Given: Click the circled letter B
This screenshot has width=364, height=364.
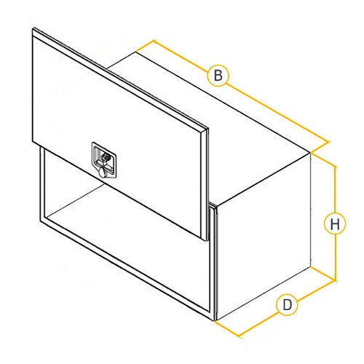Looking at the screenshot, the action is coord(218,75).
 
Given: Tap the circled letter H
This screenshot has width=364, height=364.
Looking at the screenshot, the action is coord(335,223).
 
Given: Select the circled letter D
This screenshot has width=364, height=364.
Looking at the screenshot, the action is coord(287,304).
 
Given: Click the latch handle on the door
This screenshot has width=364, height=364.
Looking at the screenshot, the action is coord(104,160).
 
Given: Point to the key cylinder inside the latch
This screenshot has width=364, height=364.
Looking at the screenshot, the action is coord(106,157).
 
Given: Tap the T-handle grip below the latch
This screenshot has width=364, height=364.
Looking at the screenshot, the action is coord(103,172).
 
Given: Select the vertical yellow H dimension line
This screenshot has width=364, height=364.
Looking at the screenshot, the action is coord(336,223).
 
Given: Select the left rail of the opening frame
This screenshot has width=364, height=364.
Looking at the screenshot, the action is coord(42,184).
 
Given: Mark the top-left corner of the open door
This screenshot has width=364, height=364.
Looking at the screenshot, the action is coord(33,28).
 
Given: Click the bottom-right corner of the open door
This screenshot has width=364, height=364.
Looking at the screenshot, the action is coord(206,241).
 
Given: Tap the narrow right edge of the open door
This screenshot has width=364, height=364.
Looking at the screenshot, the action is coord(205,184).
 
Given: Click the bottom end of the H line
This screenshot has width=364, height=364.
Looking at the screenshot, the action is coord(336,281).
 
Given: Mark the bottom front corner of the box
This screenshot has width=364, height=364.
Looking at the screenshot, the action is coord(215,320).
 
